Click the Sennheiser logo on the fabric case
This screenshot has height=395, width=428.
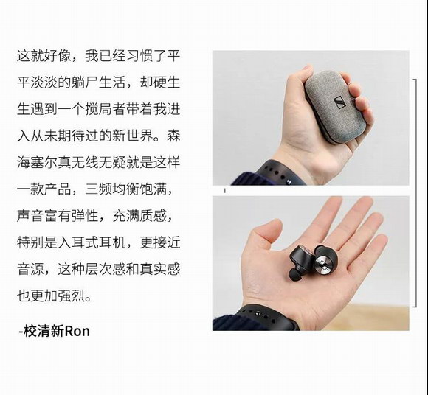coord(339,102)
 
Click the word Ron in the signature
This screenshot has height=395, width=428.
coord(77,331)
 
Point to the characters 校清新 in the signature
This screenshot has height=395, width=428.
coord(44,331)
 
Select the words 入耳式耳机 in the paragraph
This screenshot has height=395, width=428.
coord(92,242)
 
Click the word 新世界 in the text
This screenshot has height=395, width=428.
coord(132,136)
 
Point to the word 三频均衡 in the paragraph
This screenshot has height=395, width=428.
coord(112,189)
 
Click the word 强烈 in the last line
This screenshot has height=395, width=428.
coord(72,296)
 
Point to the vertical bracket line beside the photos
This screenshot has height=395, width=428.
coord(416,193)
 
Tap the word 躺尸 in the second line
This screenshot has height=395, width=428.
coord(85,83)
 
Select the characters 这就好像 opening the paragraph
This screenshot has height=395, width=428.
coord(44,56)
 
